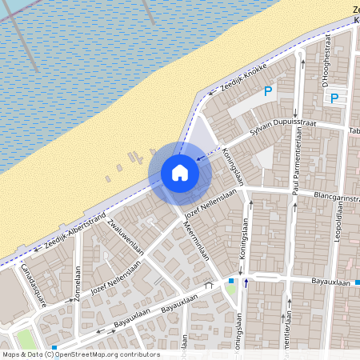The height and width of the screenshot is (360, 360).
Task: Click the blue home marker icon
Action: pos(180,173)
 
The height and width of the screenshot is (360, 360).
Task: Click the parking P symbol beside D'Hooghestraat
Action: pos(334,98)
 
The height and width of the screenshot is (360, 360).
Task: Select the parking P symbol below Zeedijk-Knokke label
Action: pos(268,91)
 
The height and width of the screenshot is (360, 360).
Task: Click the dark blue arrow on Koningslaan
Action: pos(246,282)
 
